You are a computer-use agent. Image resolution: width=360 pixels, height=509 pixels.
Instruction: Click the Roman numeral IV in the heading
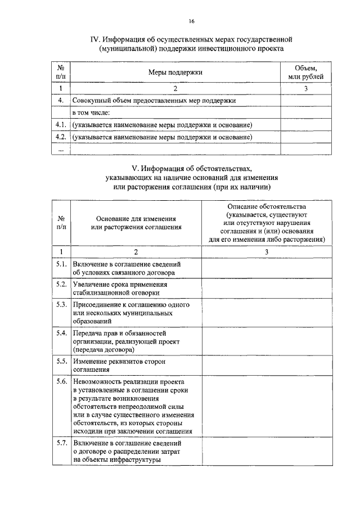coord(96,40)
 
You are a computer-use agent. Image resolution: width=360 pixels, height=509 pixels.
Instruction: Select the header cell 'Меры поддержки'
coord(175,72)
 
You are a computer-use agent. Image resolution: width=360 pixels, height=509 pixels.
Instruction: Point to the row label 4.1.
coord(61,124)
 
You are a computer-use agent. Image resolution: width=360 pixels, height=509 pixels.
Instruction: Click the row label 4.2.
coord(61,137)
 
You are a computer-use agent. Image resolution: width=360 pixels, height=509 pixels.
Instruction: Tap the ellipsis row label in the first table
coord(61,149)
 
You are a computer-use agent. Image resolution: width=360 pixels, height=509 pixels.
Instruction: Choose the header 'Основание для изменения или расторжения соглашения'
coord(136,223)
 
